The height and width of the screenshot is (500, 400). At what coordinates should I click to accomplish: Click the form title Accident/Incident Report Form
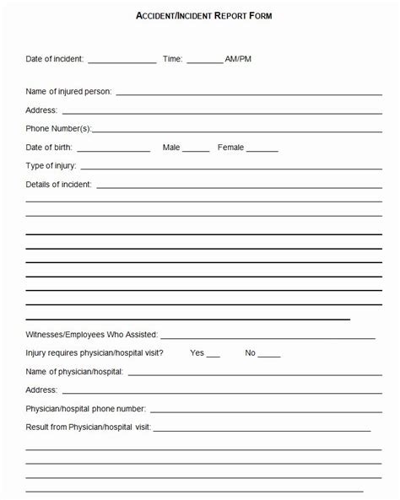204,15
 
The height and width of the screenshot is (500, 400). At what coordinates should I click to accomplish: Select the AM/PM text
238,59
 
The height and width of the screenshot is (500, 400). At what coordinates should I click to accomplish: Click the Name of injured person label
68,91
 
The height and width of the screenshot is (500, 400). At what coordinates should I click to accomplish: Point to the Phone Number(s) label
58,129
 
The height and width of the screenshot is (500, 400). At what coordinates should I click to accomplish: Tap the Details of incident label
59,184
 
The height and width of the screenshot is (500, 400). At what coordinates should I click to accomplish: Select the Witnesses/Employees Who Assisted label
91,335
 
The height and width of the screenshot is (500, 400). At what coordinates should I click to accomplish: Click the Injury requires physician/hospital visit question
95,353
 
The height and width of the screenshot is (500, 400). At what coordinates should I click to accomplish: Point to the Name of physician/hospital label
74,372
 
